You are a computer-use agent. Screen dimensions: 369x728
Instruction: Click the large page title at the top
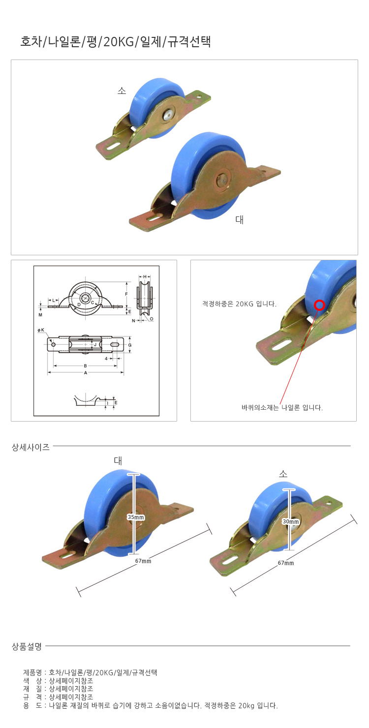point(116,42)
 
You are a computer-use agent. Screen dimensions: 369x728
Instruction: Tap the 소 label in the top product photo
point(122,91)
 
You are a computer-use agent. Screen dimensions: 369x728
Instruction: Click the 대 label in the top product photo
point(240,220)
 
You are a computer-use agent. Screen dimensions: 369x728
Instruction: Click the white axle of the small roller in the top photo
point(168,115)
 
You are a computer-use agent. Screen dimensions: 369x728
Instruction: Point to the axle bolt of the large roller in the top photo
point(223,179)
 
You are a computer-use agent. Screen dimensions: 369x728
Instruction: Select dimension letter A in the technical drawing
point(86,373)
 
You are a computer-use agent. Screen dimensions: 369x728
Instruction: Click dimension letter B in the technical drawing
point(86,366)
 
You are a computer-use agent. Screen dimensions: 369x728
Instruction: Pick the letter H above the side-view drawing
point(145,276)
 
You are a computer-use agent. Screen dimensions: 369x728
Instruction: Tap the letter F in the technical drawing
point(126,294)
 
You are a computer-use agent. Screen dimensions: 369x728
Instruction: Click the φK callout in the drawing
point(41,330)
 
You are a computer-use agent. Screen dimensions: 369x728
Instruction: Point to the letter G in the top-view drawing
point(130,345)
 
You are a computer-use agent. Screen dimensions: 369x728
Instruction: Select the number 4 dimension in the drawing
point(106,359)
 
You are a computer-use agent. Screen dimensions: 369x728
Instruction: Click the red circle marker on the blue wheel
point(319,305)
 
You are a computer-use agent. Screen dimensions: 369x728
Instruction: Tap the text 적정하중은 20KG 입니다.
point(239,304)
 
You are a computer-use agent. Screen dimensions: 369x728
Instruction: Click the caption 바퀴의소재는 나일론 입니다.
point(282,408)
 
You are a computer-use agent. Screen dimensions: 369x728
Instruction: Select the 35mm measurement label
point(136,517)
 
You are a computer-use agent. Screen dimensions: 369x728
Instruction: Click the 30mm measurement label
point(291,521)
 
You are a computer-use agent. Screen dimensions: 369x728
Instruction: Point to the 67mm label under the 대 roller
point(143,561)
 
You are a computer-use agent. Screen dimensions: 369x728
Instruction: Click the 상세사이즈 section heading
point(31,447)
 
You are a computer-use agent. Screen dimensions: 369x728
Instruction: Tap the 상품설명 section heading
point(27,646)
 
